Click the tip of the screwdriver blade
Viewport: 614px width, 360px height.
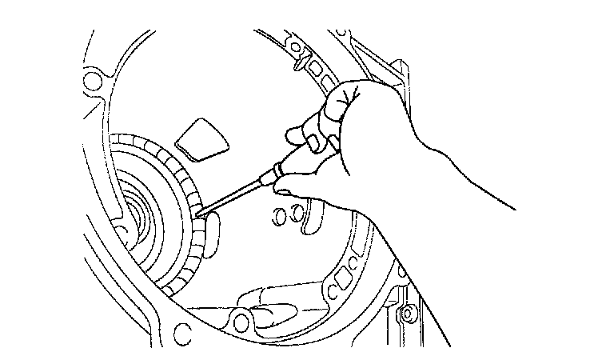point(199,213)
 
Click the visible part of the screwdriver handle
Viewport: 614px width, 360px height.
point(300,151)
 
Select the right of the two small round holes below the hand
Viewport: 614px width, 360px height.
point(297,212)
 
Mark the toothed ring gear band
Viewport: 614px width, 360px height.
point(185,224)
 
